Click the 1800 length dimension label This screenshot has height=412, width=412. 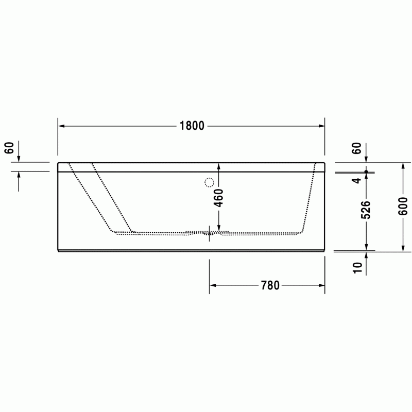click(192, 126)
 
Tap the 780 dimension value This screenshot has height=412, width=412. click(270, 285)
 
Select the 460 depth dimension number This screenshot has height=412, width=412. click(218, 198)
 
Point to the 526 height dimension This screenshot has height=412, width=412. click(366, 210)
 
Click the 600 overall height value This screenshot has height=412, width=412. click(403, 207)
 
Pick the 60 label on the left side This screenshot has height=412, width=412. click(9, 148)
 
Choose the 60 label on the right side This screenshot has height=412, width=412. click(356, 148)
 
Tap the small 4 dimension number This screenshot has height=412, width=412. click(357, 181)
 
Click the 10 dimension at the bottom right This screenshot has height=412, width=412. click(358, 267)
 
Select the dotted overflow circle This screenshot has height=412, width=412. click(209, 182)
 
